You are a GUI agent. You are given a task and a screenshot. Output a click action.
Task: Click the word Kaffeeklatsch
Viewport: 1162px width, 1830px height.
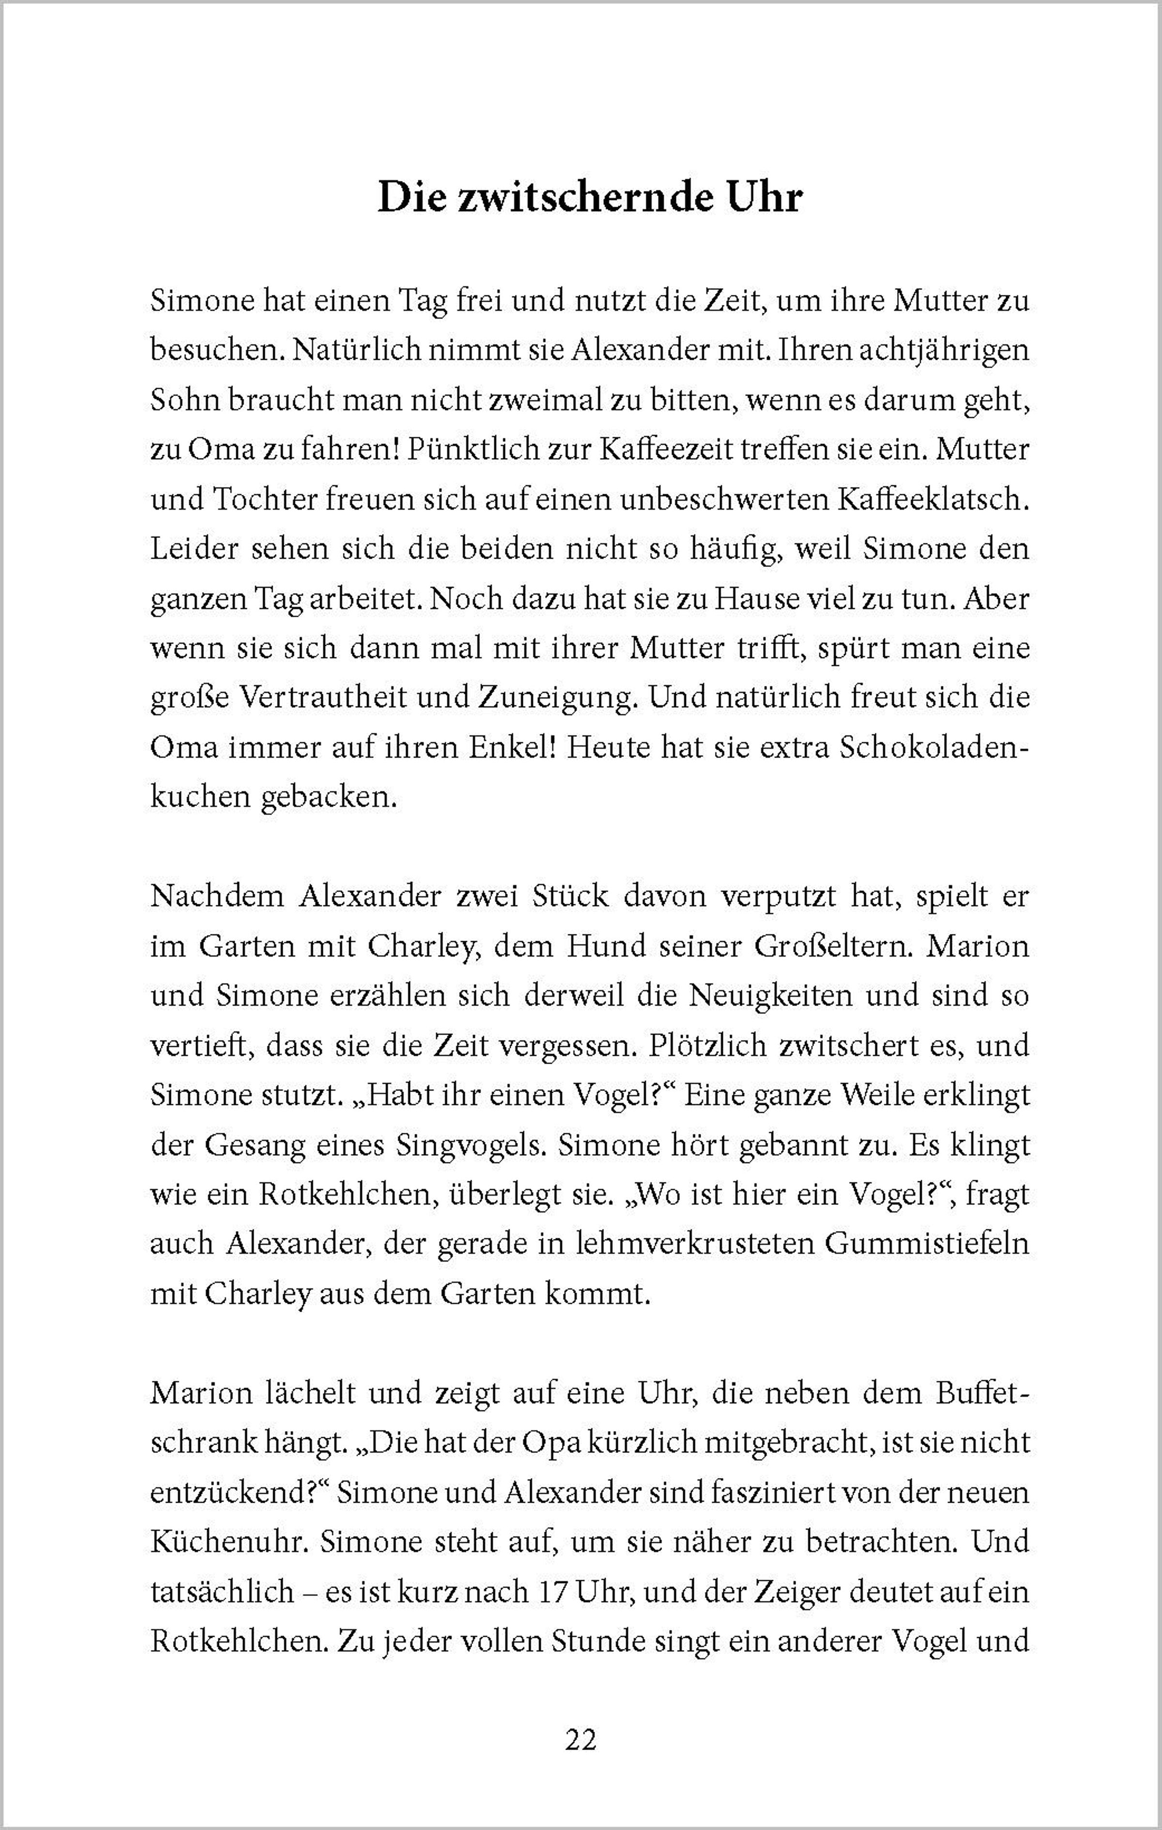coord(932,499)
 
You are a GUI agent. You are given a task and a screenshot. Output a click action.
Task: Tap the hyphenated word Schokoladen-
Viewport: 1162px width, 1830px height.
coord(935,748)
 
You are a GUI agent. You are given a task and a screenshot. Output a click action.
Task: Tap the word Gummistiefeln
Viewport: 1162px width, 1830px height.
coord(927,1244)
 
